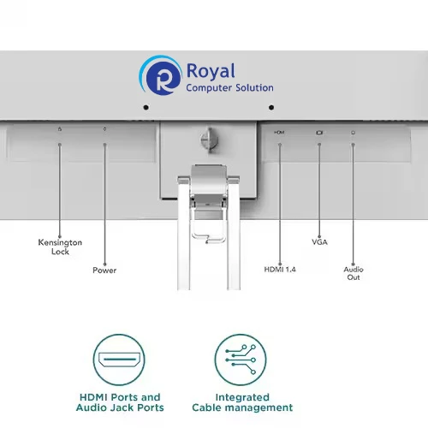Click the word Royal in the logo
click(x=211, y=71)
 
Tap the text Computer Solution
click(x=229, y=88)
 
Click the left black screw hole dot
click(x=146, y=107)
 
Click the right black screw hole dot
click(x=271, y=107)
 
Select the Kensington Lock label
click(x=60, y=247)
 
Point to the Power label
click(x=104, y=270)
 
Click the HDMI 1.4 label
click(x=280, y=270)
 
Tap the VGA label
click(x=319, y=242)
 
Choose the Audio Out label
click(x=354, y=273)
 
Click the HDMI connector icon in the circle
click(x=119, y=360)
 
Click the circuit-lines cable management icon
click(x=241, y=360)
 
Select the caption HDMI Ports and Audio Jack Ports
click(x=120, y=402)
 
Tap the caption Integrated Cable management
click(x=242, y=402)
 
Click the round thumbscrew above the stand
click(x=209, y=140)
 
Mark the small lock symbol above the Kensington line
click(x=60, y=129)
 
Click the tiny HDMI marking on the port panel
click(x=279, y=132)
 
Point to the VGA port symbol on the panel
click(x=319, y=133)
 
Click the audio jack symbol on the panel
click(x=353, y=133)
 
